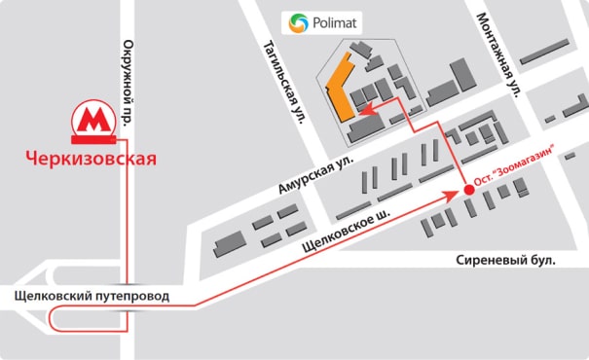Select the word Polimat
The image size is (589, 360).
click(x=338, y=21)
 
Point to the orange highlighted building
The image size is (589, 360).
click(x=340, y=90)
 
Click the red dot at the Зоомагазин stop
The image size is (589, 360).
click(x=468, y=190)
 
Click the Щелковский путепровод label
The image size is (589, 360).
click(x=92, y=295)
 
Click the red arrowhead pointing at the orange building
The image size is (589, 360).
click(x=357, y=113)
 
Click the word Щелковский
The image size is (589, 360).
click(x=55, y=295)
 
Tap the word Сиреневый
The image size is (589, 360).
click(x=491, y=260)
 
